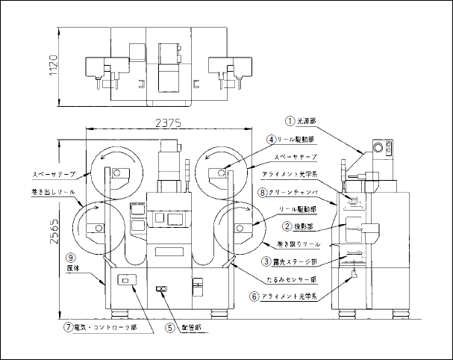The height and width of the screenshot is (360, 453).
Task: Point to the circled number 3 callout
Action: point(266,261)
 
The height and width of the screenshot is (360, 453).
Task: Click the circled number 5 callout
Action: point(169,326)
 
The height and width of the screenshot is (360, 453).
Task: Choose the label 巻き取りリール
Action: point(299,244)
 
